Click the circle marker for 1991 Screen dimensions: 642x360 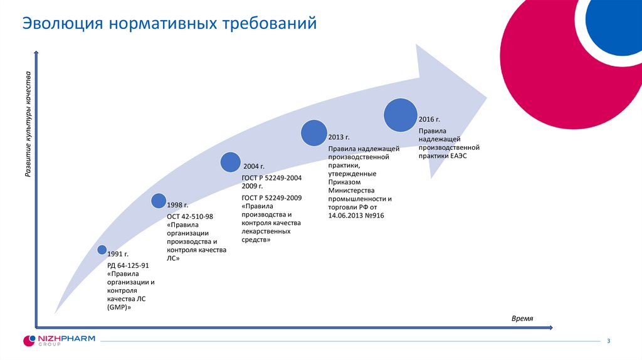coord(102,250)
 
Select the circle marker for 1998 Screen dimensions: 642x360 coord(159,201)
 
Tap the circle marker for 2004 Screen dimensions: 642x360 coord(231,162)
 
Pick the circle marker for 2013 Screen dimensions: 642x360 coord(314,132)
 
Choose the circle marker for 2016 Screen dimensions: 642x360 coord(401,114)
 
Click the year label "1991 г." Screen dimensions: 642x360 coord(118,254)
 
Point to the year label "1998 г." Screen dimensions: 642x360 coord(177,205)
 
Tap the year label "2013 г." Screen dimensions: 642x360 coord(339,136)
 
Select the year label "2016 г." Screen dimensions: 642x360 coord(429,119)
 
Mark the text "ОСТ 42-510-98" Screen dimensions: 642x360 coord(190,216)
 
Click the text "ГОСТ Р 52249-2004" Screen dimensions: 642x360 coord(271,178)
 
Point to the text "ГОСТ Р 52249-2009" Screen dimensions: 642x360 coord(271,198)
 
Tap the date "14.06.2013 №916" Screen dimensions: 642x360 coord(355,216)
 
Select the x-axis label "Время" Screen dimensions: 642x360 coord(522,319)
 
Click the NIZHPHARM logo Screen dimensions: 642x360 coord(59,341)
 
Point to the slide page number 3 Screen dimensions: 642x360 coord(608,341)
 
